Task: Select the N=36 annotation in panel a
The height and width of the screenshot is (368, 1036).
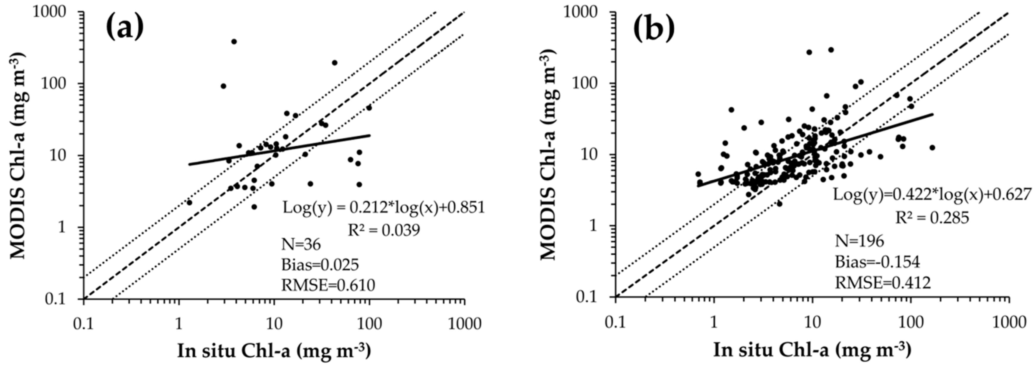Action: [301, 244]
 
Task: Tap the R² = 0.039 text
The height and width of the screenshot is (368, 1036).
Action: [384, 230]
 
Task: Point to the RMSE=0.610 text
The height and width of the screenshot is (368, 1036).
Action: [328, 285]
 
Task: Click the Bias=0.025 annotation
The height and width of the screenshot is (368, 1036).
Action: [320, 265]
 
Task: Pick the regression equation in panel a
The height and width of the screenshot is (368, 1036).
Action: [384, 208]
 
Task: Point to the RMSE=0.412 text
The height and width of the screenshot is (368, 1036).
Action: [883, 283]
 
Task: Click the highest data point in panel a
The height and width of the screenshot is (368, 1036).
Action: [234, 41]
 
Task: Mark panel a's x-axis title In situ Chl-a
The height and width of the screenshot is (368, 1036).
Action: [274, 351]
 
